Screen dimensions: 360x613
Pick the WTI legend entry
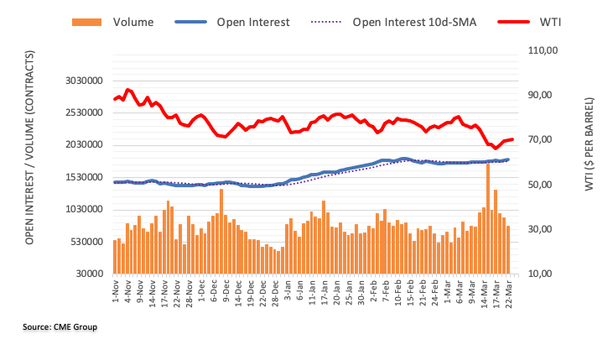[x=548, y=21]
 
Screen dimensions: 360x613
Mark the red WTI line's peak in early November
[x=127, y=90]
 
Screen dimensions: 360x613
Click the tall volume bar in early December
[x=221, y=231]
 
